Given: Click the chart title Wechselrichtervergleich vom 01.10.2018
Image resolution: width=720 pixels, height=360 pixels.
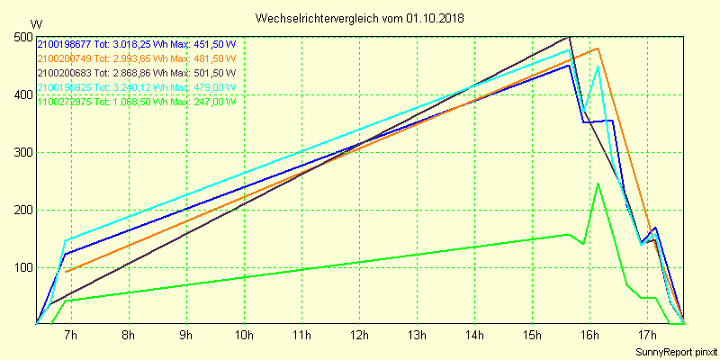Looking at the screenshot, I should pyautogui.click(x=360, y=17).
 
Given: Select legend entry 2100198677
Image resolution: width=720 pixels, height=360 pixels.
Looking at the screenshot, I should pyautogui.click(x=65, y=43).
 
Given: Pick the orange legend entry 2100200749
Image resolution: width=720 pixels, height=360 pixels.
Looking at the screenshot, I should pyautogui.click(x=65, y=58).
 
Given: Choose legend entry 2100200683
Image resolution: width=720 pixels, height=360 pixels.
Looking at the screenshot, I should pyautogui.click(x=65, y=72).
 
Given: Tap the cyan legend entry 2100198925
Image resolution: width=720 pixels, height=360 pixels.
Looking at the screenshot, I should pyautogui.click(x=65, y=86).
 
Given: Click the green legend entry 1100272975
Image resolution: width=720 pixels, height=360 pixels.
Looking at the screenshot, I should pyautogui.click(x=65, y=101).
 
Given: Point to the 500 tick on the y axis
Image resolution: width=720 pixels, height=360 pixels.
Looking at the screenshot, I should pyautogui.click(x=23, y=37).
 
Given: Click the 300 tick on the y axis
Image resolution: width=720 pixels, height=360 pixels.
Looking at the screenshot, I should pyautogui.click(x=23, y=152).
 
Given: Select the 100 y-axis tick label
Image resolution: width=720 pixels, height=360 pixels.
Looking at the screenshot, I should pyautogui.click(x=23, y=267).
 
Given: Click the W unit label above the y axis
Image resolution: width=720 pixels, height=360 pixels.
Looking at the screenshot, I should pyautogui.click(x=36, y=22).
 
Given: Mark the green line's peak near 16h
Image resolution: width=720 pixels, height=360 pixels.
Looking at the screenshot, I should pyautogui.click(x=598, y=184).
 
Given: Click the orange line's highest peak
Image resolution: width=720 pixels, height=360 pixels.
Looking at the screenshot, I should pyautogui.click(x=598, y=49).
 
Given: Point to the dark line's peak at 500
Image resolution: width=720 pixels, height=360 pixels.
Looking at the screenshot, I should pyautogui.click(x=570, y=37).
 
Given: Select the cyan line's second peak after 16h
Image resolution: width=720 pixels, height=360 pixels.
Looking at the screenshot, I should pyautogui.click(x=598, y=67).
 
